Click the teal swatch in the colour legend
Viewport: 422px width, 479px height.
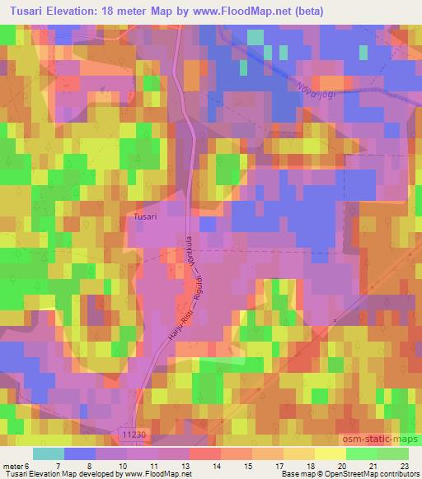pyautogui.click(x=49, y=453)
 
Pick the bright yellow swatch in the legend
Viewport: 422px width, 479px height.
pyautogui.click(x=331, y=453)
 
